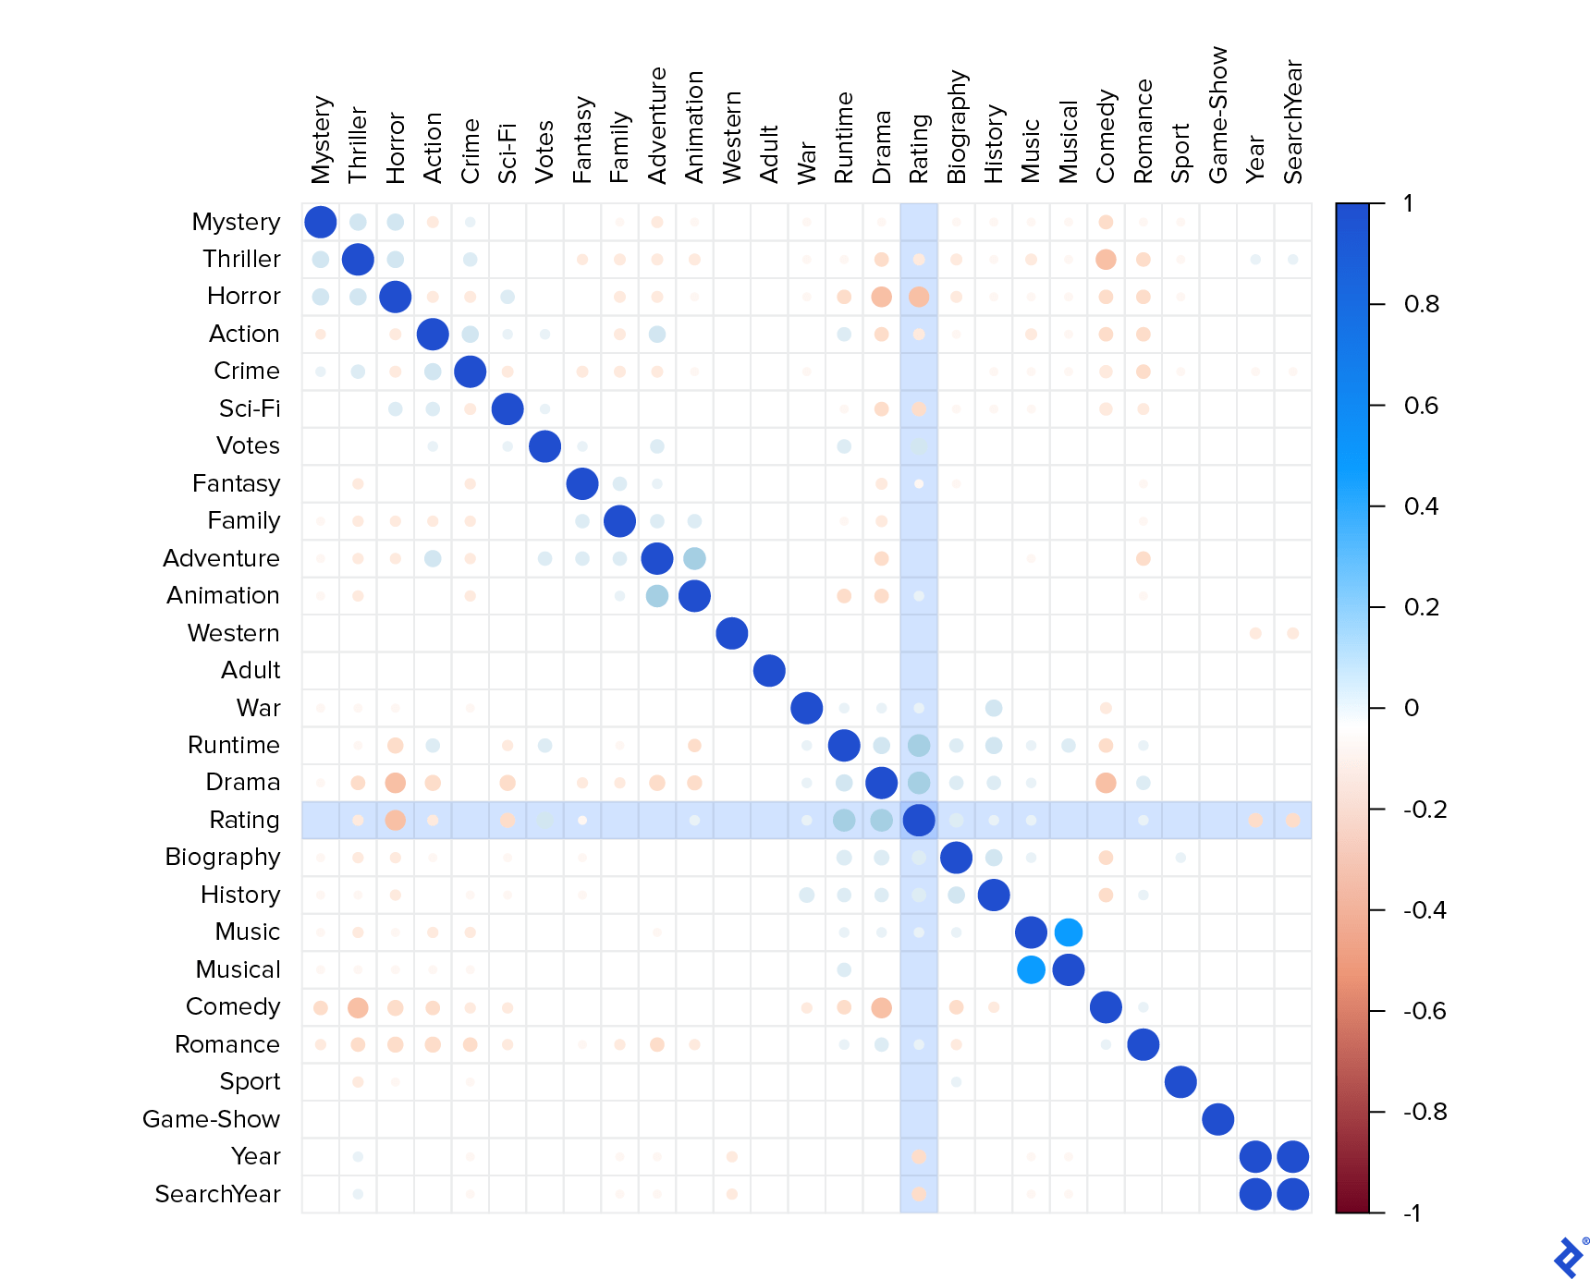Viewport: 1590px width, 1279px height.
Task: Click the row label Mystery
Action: pyautogui.click(x=236, y=222)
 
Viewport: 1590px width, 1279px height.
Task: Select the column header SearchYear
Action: pyautogui.click(x=1292, y=122)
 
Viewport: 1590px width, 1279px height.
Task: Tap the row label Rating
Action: pyautogui.click(x=244, y=820)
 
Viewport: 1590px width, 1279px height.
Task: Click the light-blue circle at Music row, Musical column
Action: pyautogui.click(x=1068, y=932)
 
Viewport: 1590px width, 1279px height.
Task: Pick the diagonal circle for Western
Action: pyautogui.click(x=731, y=633)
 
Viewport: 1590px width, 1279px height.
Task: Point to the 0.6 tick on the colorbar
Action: pyautogui.click(x=1421, y=406)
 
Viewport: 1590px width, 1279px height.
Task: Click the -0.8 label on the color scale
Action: pyautogui.click(x=1425, y=1112)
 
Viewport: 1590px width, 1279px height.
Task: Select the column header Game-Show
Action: pyautogui.click(x=1218, y=115)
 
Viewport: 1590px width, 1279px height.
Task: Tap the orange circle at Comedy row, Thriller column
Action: pyautogui.click(x=358, y=1007)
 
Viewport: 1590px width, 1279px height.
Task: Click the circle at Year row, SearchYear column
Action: pyautogui.click(x=1292, y=1156)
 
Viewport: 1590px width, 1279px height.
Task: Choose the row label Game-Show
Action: pyautogui.click(x=211, y=1119)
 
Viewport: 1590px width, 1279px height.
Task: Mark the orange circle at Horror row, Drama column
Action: pyautogui.click(x=881, y=297)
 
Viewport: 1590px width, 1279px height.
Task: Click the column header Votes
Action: pyautogui.click(x=544, y=152)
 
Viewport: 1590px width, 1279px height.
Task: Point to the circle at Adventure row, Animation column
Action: pyautogui.click(x=694, y=558)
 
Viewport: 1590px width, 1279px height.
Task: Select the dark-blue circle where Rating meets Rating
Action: pyautogui.click(x=918, y=820)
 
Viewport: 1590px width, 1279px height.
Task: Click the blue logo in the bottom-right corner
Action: pyautogui.click(x=1569, y=1258)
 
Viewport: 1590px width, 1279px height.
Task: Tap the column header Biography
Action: pyautogui.click(x=956, y=127)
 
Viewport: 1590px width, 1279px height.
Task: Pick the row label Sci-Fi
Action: pyautogui.click(x=250, y=408)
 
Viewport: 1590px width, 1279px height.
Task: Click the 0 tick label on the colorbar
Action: pyautogui.click(x=1411, y=708)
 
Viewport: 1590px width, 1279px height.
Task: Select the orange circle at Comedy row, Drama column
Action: pyautogui.click(x=881, y=1007)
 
